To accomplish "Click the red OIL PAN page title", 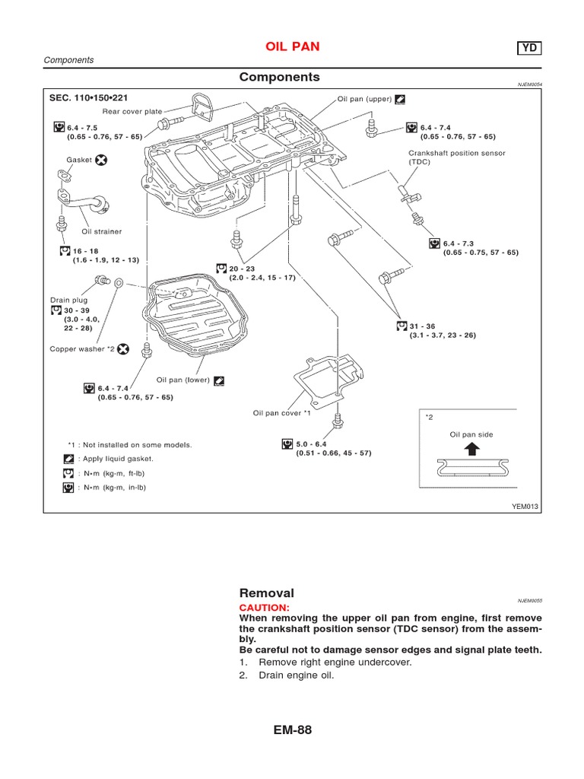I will point(291,47).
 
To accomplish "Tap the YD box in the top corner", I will point(530,48).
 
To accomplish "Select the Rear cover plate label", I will point(132,111).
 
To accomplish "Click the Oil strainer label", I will point(102,231).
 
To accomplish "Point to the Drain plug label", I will point(69,300).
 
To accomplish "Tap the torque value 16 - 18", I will point(87,250).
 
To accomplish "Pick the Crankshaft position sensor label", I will point(456,153).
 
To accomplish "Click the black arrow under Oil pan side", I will point(471,449).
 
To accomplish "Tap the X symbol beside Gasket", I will point(101,161).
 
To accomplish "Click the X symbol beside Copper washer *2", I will point(123,349).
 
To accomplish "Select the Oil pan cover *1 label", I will point(282,413).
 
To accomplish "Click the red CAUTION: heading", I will point(265,608).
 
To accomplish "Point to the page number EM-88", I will point(291,730).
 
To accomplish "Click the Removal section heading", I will point(266,593).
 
